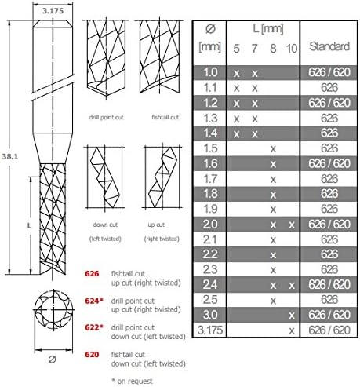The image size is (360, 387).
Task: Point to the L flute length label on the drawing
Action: tap(30, 223)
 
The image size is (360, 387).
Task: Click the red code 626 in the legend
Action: tap(93, 275)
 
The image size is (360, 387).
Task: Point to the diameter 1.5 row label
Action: tap(209, 148)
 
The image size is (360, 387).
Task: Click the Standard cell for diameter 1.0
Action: tap(329, 71)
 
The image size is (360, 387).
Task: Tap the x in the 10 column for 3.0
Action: tap(292, 316)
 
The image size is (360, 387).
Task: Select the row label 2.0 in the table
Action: tap(209, 225)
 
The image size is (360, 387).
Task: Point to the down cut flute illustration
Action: tap(103, 177)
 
